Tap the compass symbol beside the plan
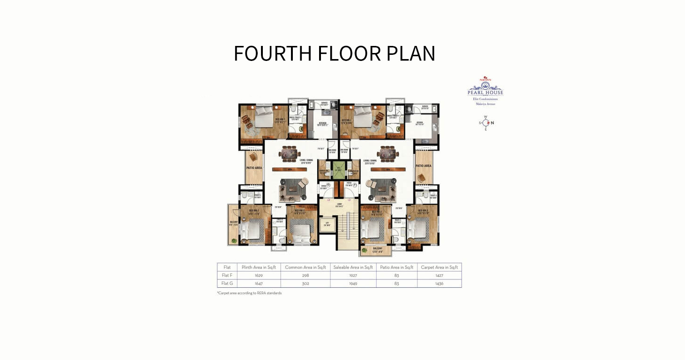coord(485,123)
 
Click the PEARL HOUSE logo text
coord(485,92)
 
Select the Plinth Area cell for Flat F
coord(259,276)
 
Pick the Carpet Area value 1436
coord(439,284)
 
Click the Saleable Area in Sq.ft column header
coord(353,267)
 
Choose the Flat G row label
coord(227,284)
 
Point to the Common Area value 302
coord(305,284)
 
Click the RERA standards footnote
coord(249,293)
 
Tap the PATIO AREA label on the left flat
coord(254,168)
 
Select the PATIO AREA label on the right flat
coord(423,166)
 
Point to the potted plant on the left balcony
coord(234,240)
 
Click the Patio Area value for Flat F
coord(396,276)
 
